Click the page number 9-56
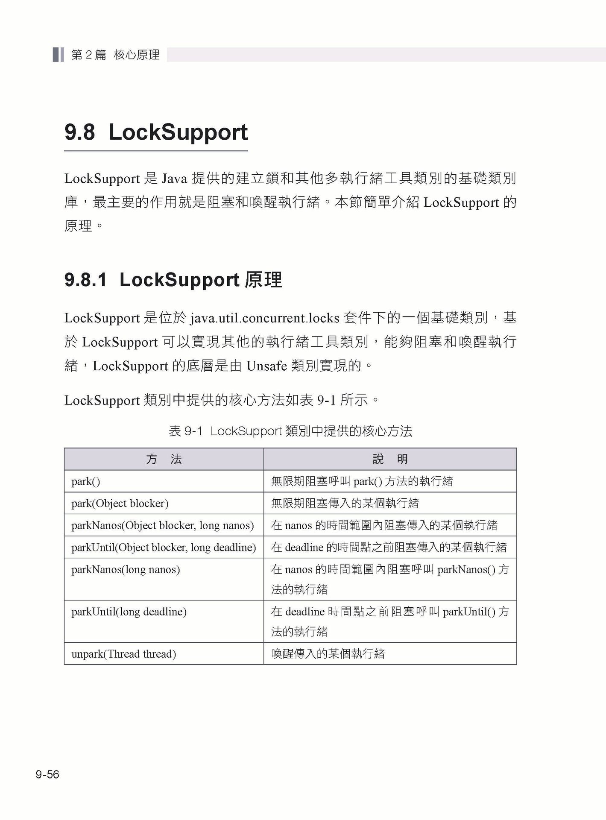47,774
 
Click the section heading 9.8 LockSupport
156,132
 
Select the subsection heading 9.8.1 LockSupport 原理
173,280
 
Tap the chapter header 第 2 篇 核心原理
115,55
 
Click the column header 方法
164,459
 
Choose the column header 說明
390,459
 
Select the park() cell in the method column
86,481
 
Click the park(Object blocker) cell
120,503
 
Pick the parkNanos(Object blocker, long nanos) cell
163,525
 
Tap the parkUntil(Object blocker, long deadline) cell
164,547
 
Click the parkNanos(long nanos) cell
126,569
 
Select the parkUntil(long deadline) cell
129,612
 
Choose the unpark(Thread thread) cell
124,653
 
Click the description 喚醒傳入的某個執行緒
328,653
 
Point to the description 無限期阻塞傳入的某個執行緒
345,503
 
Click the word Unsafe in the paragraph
266,366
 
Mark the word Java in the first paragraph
175,179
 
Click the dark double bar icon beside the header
59,55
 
